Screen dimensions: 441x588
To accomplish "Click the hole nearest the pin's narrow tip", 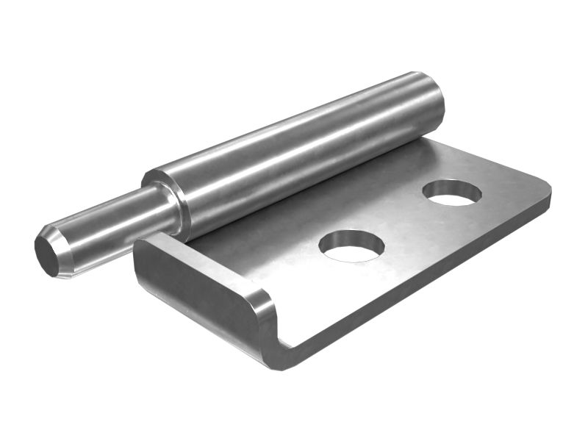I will click(x=353, y=245).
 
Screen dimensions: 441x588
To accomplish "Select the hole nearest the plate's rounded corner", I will click(x=452, y=192).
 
